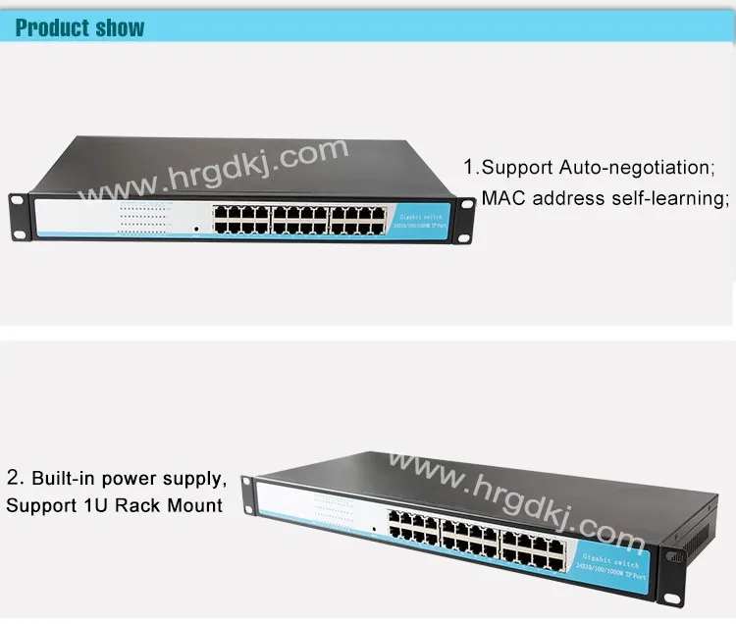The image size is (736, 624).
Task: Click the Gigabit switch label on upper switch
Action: pos(422,218)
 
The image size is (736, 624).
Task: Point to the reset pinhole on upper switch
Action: pos(196,229)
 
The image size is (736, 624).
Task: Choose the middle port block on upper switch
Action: pos(301,219)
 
